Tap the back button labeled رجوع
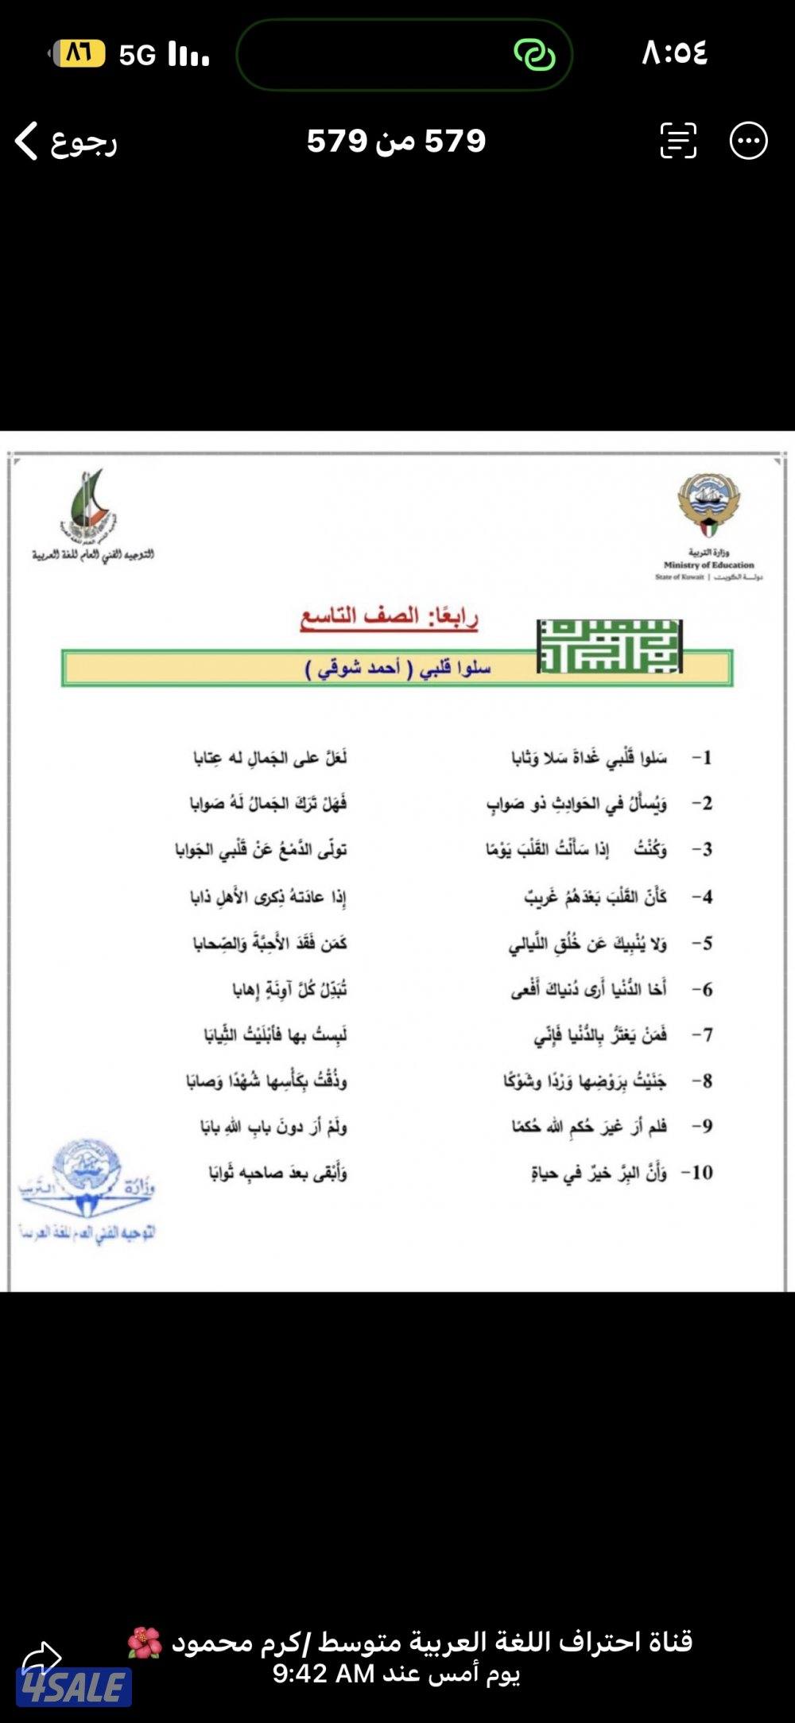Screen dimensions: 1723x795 (67, 142)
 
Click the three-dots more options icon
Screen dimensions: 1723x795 (748, 142)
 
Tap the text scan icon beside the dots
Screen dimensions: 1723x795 (678, 142)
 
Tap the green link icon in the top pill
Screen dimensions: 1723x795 (534, 54)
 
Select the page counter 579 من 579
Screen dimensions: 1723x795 (396, 142)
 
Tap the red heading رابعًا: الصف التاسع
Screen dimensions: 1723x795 (389, 617)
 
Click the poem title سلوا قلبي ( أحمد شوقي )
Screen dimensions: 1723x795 (397, 668)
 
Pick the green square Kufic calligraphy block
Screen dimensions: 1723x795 (609, 646)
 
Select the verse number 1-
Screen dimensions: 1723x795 (701, 758)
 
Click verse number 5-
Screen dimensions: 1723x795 (701, 944)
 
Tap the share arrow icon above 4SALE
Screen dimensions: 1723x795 (41, 1659)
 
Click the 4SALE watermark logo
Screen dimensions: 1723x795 (73, 1688)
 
